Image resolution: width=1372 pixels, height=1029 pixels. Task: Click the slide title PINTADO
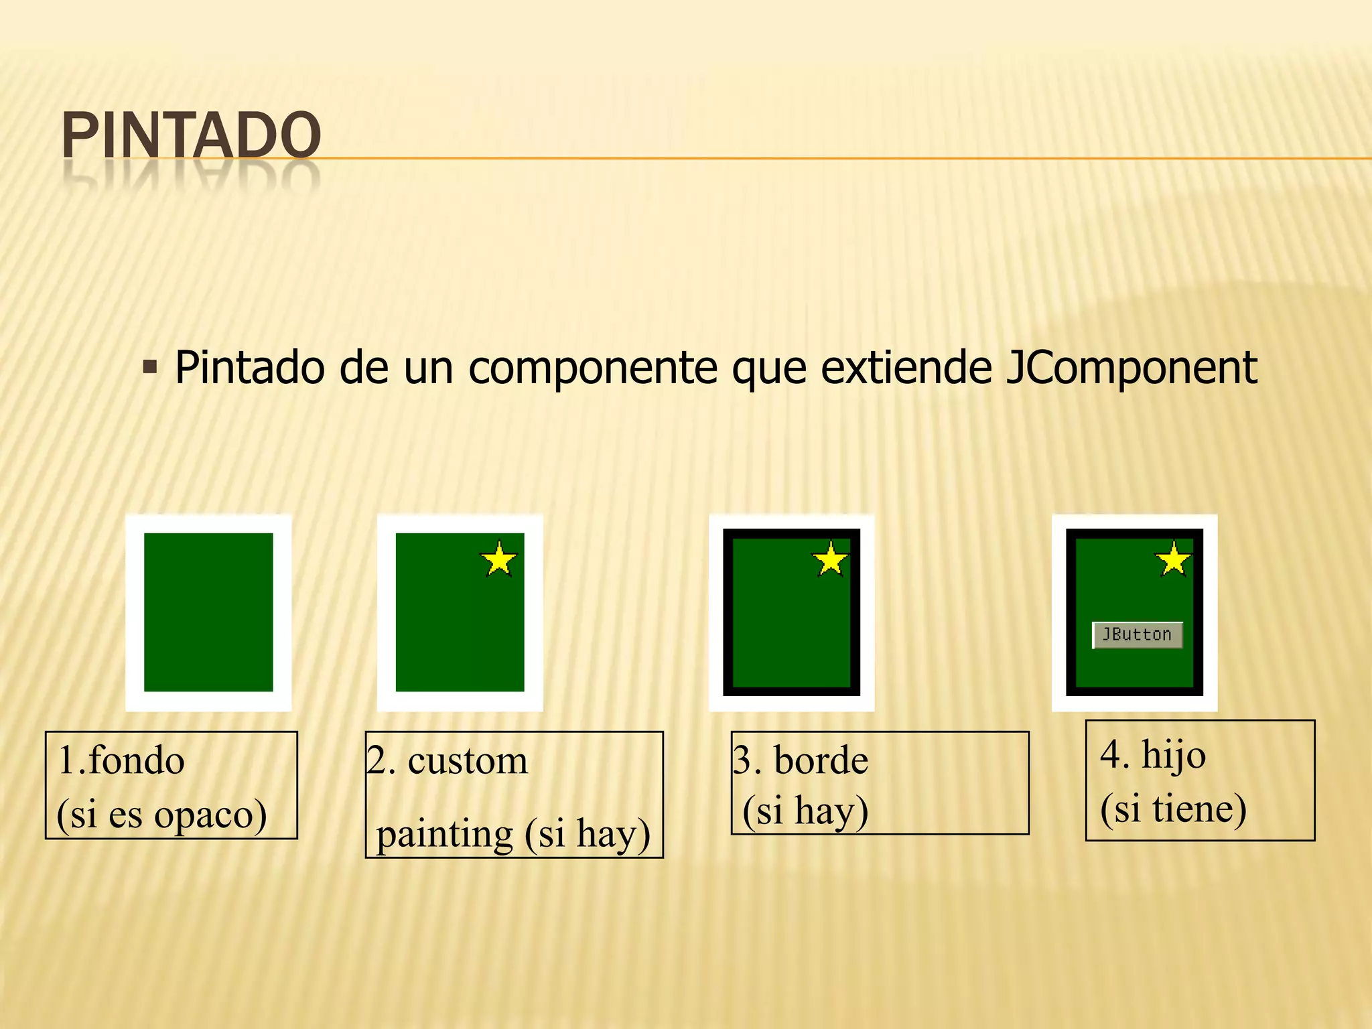(191, 135)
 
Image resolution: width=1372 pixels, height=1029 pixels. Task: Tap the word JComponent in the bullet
(1131, 368)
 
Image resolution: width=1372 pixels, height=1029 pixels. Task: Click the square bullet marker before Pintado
(150, 367)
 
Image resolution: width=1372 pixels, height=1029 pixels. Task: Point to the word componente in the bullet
(592, 369)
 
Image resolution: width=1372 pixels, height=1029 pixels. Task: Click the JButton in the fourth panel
(1137, 634)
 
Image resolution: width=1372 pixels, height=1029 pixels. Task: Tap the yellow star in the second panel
(499, 560)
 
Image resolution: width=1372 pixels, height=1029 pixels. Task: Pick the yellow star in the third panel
(830, 560)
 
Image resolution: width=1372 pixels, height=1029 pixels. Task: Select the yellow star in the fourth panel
(1174, 560)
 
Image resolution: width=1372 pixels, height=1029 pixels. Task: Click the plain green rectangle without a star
(208, 612)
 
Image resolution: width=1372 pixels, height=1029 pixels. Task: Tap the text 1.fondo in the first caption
(121, 761)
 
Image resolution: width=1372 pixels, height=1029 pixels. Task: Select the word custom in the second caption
(468, 761)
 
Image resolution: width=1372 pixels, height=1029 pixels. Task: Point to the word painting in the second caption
(444, 835)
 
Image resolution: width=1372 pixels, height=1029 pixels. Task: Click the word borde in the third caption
(821, 761)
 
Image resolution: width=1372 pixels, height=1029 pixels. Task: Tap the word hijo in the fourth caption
(1174, 756)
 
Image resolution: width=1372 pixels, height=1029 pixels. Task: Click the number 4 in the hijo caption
(1111, 756)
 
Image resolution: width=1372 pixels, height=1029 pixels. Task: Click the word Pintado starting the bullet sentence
(249, 368)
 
